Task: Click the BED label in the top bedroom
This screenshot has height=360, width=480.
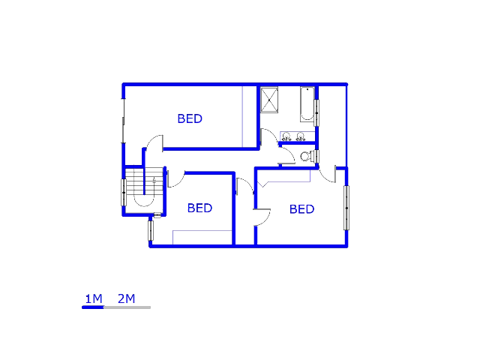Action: click(190, 118)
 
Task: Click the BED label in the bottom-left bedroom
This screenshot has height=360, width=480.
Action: click(199, 208)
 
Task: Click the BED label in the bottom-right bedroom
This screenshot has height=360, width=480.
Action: click(301, 209)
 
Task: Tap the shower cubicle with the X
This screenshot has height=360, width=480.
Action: click(269, 100)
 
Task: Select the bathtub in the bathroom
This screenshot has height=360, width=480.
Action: click(307, 104)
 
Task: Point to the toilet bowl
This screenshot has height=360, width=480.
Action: click(305, 157)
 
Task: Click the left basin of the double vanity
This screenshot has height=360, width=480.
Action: click(286, 137)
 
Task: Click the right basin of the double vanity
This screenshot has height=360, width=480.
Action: click(300, 137)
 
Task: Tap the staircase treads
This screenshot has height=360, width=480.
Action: click(139, 181)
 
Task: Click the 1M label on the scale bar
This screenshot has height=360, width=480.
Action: click(93, 299)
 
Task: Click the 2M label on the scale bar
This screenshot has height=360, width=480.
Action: click(126, 299)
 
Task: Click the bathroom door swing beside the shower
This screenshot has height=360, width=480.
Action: click(268, 136)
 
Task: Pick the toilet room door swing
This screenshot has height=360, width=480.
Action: click(286, 155)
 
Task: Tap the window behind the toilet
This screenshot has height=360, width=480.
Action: click(316, 157)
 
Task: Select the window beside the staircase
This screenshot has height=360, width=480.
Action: click(123, 192)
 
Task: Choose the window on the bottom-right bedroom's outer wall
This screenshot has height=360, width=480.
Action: click(346, 207)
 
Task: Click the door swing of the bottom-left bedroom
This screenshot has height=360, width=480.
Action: click(175, 178)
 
